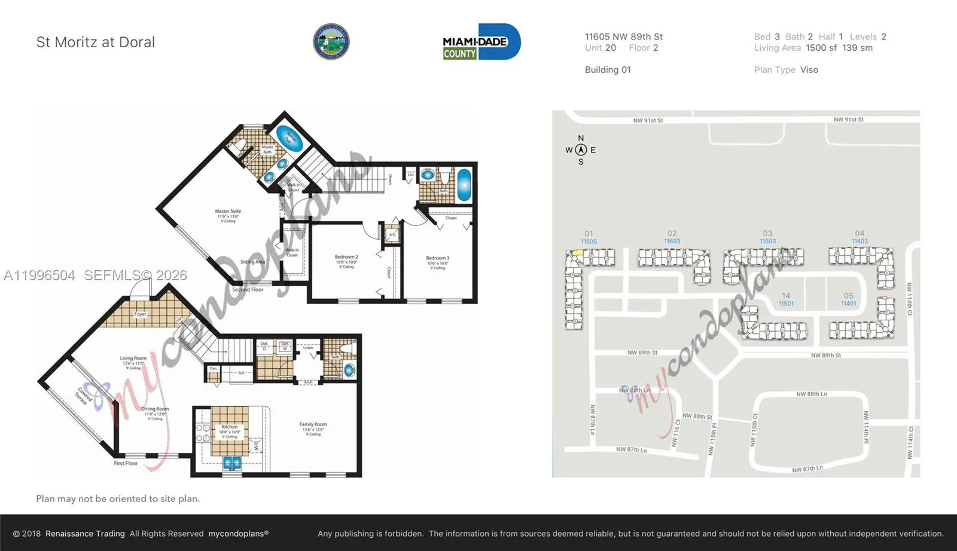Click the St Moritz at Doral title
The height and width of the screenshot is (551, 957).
[x=96, y=42]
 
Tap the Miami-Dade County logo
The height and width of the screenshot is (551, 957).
[x=481, y=42]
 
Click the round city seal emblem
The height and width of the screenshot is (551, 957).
[x=331, y=42]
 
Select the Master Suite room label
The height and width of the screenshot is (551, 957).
[x=228, y=212]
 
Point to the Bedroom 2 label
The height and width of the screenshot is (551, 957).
[x=346, y=257]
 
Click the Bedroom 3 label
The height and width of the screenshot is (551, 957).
[x=438, y=258]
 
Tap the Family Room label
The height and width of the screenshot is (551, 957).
[x=313, y=424]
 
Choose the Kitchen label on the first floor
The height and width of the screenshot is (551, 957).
[x=230, y=427]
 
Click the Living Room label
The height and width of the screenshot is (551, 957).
[x=133, y=359]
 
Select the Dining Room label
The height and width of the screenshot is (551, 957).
[x=155, y=409]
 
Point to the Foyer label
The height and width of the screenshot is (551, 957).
[x=140, y=314]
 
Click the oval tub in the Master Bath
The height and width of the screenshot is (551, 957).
[x=289, y=139]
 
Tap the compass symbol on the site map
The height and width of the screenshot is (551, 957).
[x=580, y=150]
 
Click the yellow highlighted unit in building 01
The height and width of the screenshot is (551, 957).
[x=576, y=253]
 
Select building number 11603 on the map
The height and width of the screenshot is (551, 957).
[x=672, y=241]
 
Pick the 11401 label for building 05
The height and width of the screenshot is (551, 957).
[x=848, y=304]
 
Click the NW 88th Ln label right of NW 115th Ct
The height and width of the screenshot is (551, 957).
[x=812, y=394]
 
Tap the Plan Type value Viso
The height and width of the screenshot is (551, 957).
[x=809, y=70]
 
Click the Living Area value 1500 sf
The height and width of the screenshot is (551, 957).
[x=821, y=48]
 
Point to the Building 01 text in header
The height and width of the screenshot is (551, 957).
[x=608, y=70]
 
